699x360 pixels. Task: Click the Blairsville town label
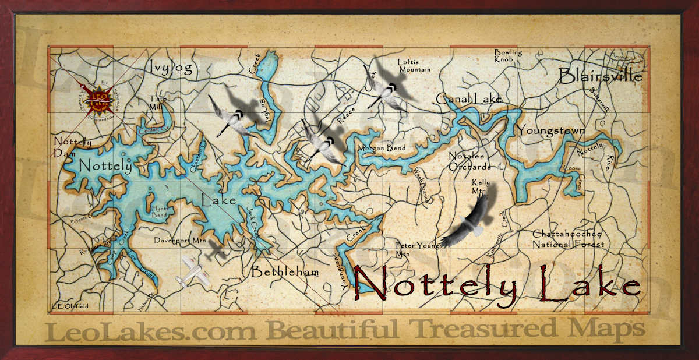[601, 76]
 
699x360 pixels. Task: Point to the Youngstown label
[551, 130]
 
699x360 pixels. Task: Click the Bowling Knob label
[508, 55]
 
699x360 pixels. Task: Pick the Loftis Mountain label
[414, 66]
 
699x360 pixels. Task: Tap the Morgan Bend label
[382, 148]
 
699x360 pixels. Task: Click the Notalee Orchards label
[469, 161]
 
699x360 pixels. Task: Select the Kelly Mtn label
[481, 186]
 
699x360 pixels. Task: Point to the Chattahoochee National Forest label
[569, 239]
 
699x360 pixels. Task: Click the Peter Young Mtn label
[417, 249]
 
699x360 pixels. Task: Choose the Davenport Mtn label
[180, 239]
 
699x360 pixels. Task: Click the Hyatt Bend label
[159, 211]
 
